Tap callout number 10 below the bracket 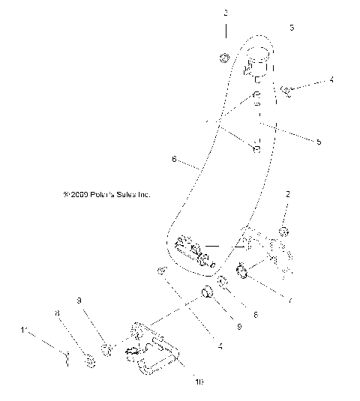[x=199, y=382]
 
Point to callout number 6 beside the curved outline [x=174, y=159]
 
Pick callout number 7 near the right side [x=291, y=301]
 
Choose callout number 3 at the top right [x=291, y=27]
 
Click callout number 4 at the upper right [x=331, y=79]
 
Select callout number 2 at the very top [x=223, y=13]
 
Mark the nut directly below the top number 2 [x=223, y=58]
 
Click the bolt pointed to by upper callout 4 [x=286, y=91]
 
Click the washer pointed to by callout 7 [x=243, y=270]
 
